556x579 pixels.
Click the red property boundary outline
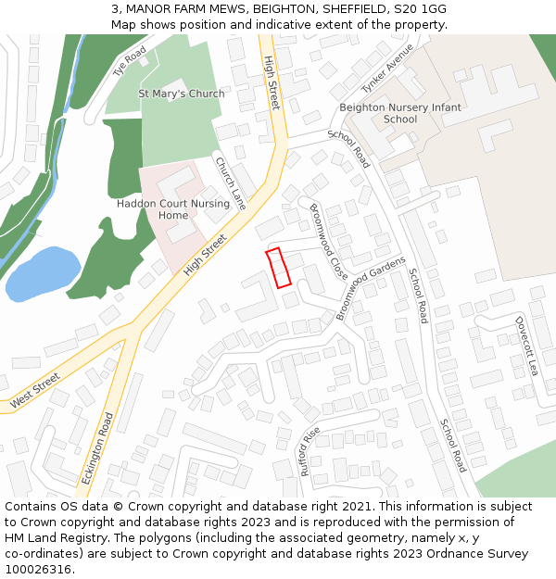point(279,267)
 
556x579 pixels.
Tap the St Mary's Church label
point(182,94)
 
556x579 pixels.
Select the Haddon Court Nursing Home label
point(159,209)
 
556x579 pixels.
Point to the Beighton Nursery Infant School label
point(400,113)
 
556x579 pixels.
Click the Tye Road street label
point(130,61)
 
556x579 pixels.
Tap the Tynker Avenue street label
point(387,68)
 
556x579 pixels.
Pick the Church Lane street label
point(231,183)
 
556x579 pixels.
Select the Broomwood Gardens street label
point(372,288)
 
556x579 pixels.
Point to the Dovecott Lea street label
point(526,345)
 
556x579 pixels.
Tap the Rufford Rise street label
point(310,451)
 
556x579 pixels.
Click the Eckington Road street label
point(96,448)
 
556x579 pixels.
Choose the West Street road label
point(34,391)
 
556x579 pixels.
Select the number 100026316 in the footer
point(38,570)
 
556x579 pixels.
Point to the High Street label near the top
point(272,82)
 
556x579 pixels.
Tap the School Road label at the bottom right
point(453,445)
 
